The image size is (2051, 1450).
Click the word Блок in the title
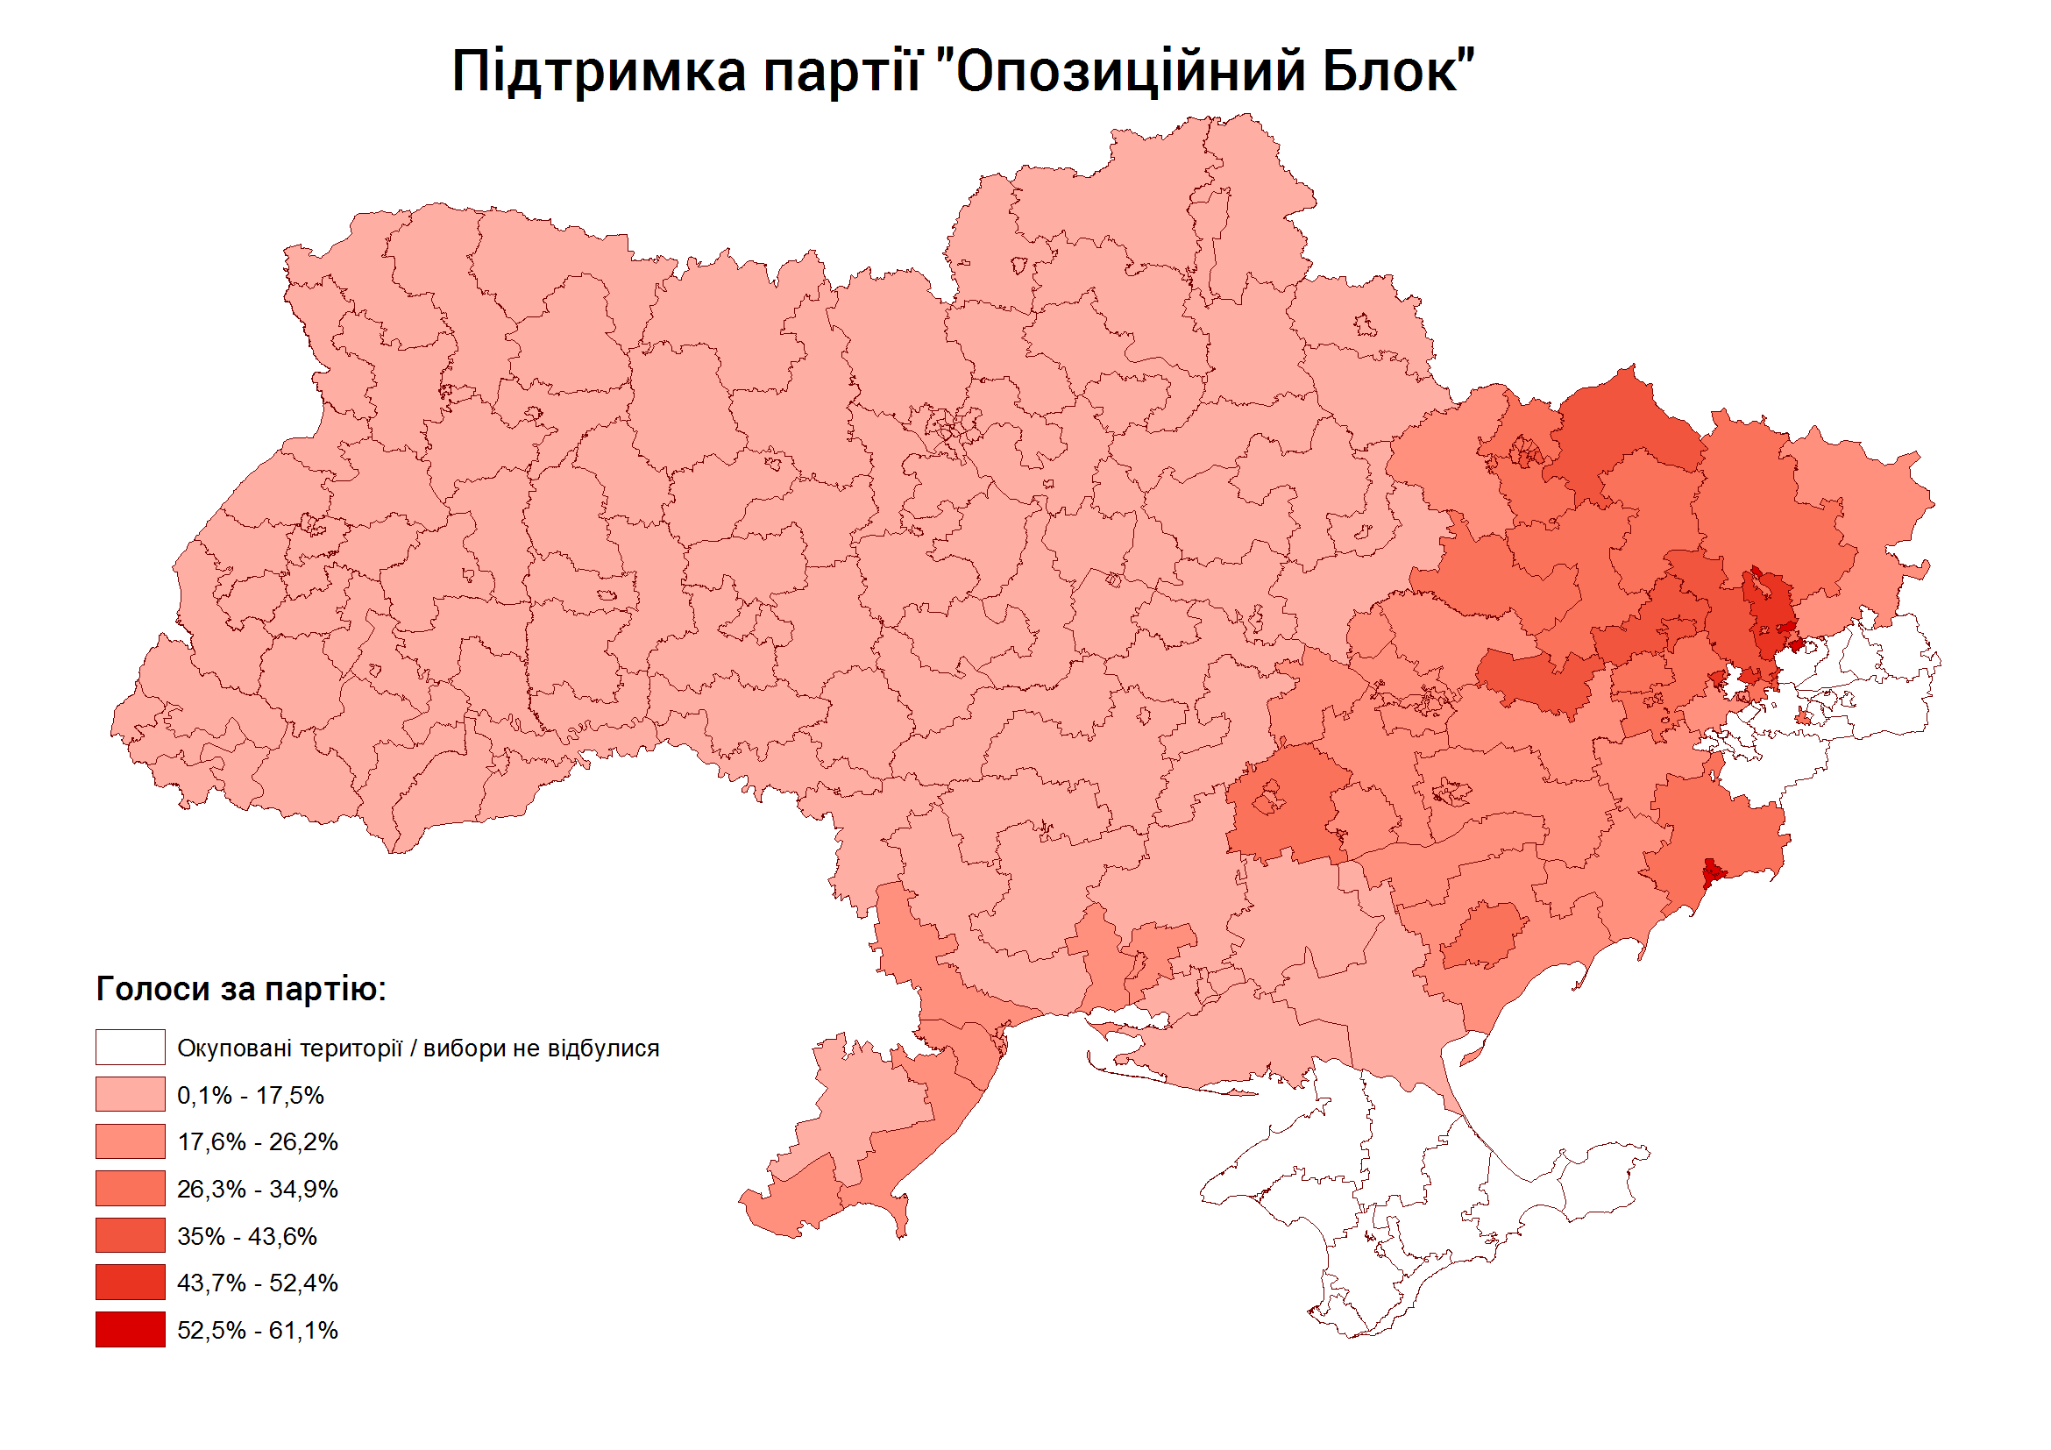pyautogui.click(x=1395, y=72)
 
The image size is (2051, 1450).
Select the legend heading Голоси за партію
pyautogui.click(x=240, y=989)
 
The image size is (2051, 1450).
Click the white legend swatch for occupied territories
pyautogui.click(x=131, y=1047)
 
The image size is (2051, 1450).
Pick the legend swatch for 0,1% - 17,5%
pyautogui.click(x=131, y=1094)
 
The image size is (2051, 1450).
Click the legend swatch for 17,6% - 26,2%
pyautogui.click(x=131, y=1141)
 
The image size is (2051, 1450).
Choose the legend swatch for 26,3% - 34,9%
pyautogui.click(x=131, y=1188)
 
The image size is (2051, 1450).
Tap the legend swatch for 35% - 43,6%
pyautogui.click(x=131, y=1235)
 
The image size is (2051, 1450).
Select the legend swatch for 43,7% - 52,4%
pyautogui.click(x=131, y=1282)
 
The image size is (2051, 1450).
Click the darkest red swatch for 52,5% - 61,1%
pyautogui.click(x=131, y=1329)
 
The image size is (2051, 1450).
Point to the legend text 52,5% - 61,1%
pyautogui.click(x=258, y=1330)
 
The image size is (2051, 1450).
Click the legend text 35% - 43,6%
pyautogui.click(x=246, y=1236)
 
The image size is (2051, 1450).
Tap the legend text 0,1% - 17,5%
pyautogui.click(x=250, y=1095)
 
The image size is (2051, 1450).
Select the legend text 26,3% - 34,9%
pyautogui.click(x=258, y=1189)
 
